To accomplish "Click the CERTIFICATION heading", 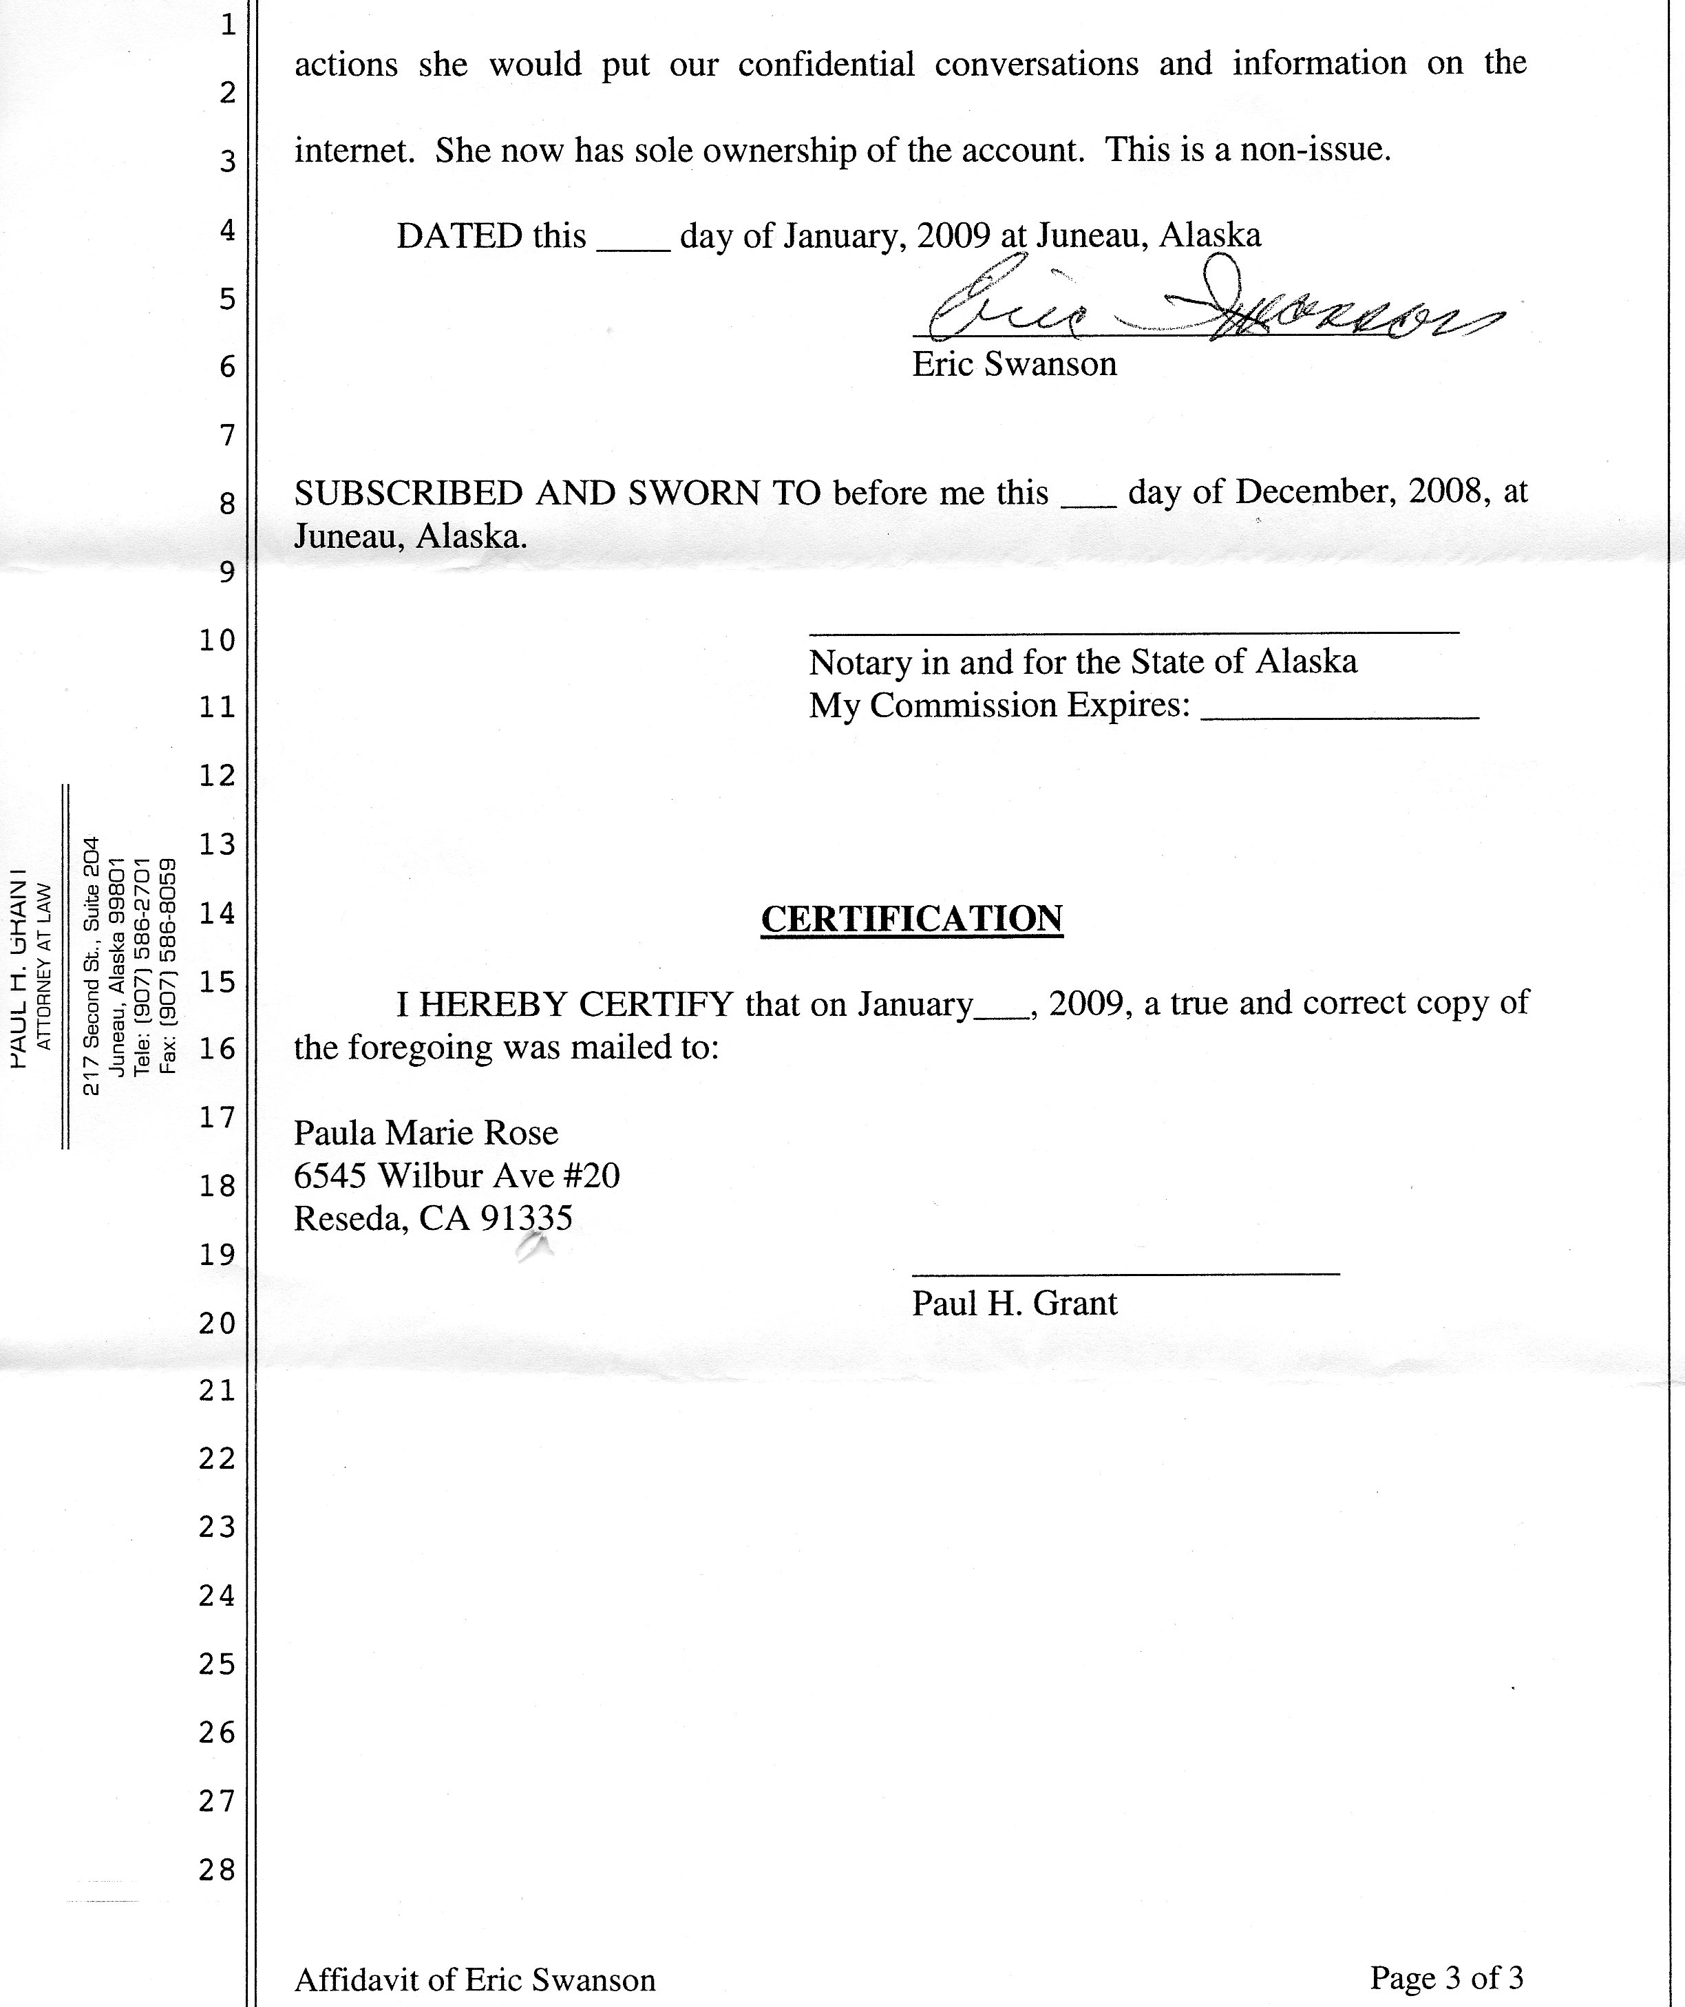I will point(912,918).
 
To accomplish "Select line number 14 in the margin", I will point(217,913).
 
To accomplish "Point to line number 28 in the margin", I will point(217,1869).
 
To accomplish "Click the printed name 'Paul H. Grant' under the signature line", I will point(1014,1304).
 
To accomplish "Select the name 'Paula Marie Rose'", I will point(425,1132).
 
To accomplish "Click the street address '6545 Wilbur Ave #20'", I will point(456,1176).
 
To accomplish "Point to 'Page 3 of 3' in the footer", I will point(1446,1977).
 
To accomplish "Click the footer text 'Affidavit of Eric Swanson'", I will point(475,1979).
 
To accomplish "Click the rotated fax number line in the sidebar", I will point(168,965).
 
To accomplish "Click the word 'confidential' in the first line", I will point(826,65).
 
